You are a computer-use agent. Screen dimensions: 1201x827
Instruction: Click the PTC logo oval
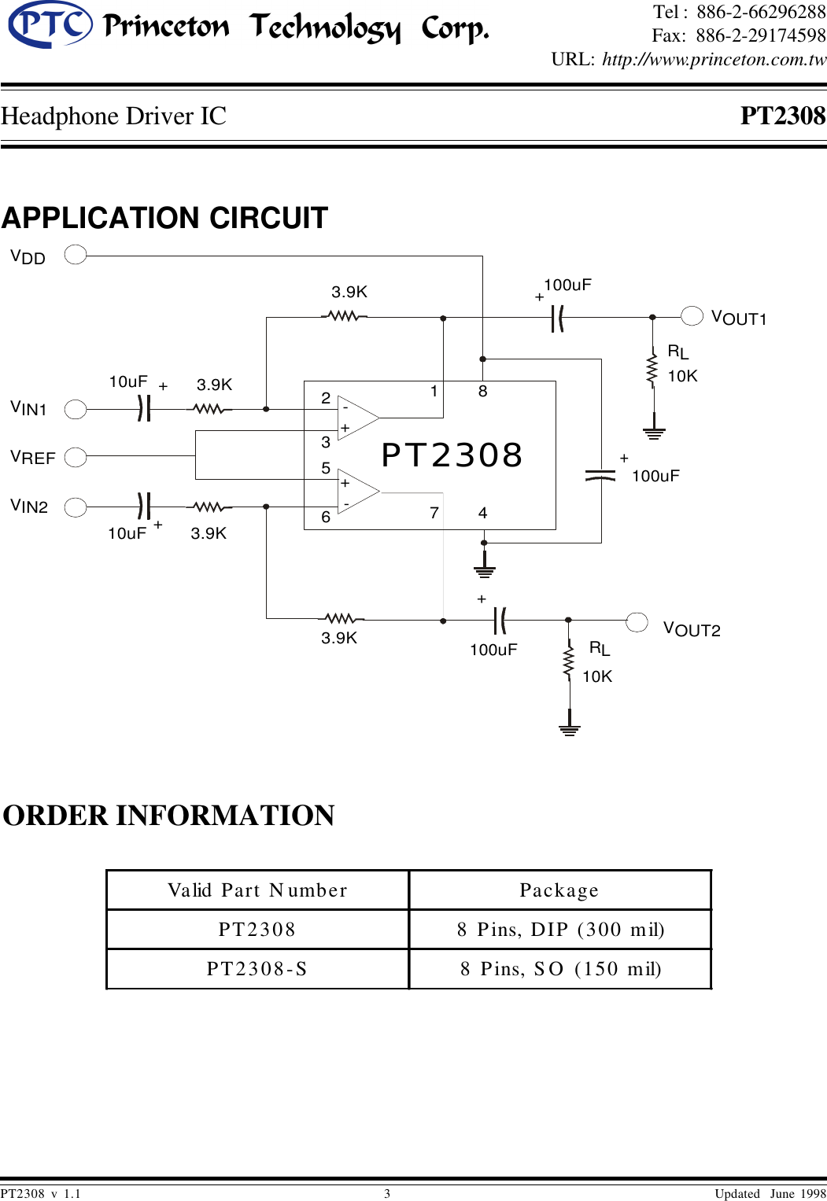(x=50, y=24)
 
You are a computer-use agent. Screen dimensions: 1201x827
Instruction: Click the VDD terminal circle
(x=76, y=255)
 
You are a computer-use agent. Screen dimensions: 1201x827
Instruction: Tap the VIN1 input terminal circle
(x=76, y=409)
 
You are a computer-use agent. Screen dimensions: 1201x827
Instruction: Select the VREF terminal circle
(x=76, y=457)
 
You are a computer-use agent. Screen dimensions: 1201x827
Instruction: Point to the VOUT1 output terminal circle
(x=692, y=315)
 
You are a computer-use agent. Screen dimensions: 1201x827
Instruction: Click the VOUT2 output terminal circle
(x=637, y=621)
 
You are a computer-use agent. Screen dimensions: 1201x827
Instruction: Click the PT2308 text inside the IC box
(x=452, y=455)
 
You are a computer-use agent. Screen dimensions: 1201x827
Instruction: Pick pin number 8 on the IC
(x=482, y=391)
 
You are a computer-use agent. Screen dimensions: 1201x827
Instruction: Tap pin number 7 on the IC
(x=434, y=513)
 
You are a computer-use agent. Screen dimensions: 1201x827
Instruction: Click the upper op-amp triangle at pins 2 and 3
(x=356, y=418)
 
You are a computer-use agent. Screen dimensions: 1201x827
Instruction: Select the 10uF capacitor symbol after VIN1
(x=143, y=409)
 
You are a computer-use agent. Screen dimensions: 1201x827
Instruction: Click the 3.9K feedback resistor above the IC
(x=344, y=316)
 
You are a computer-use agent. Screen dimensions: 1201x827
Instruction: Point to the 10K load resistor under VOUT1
(x=652, y=370)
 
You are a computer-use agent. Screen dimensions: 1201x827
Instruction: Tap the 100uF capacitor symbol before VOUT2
(x=500, y=621)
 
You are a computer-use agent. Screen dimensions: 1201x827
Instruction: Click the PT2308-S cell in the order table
(x=257, y=969)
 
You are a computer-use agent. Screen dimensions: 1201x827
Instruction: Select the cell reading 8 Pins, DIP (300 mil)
(x=560, y=930)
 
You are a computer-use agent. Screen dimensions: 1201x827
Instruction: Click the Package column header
(x=559, y=890)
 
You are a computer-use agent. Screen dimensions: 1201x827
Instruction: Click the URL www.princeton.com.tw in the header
(x=714, y=60)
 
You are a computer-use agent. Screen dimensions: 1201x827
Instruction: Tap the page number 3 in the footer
(x=387, y=1193)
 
